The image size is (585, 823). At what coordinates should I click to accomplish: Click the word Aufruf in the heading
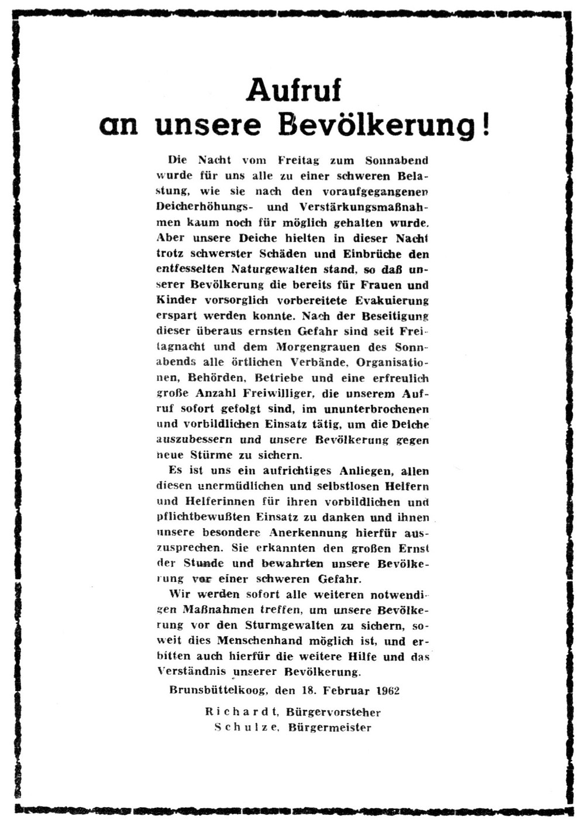(294, 90)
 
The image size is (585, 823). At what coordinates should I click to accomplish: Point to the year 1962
(388, 691)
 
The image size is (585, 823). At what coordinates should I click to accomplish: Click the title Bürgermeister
(330, 728)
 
